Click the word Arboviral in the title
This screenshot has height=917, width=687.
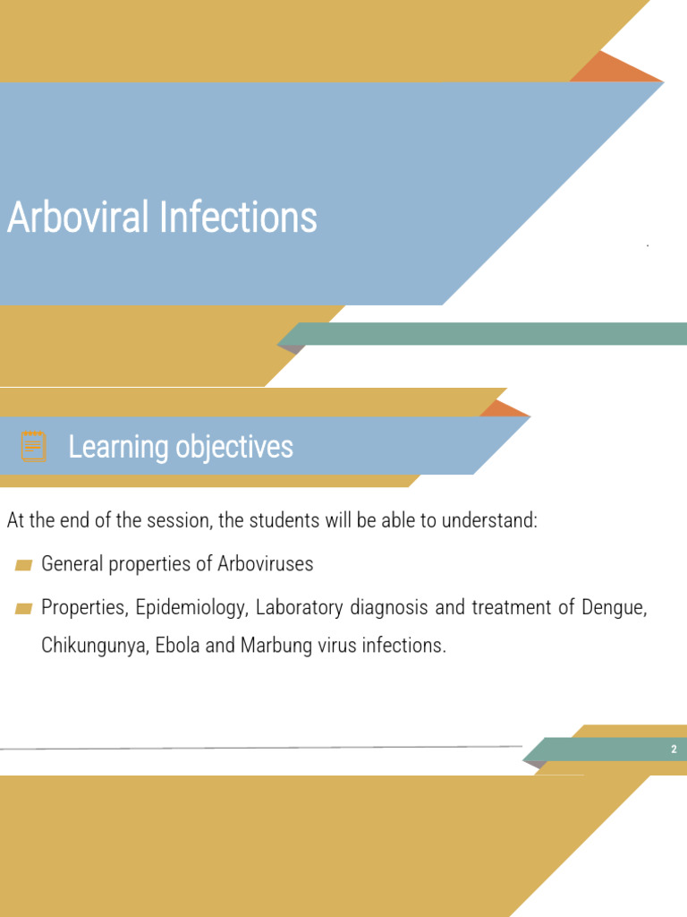(78, 218)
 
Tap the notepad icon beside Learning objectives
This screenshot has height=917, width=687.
(33, 445)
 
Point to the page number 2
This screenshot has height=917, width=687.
(674, 750)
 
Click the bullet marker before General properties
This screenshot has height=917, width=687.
(24, 564)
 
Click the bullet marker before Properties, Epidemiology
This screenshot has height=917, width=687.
(24, 608)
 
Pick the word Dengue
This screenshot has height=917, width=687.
(614, 608)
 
